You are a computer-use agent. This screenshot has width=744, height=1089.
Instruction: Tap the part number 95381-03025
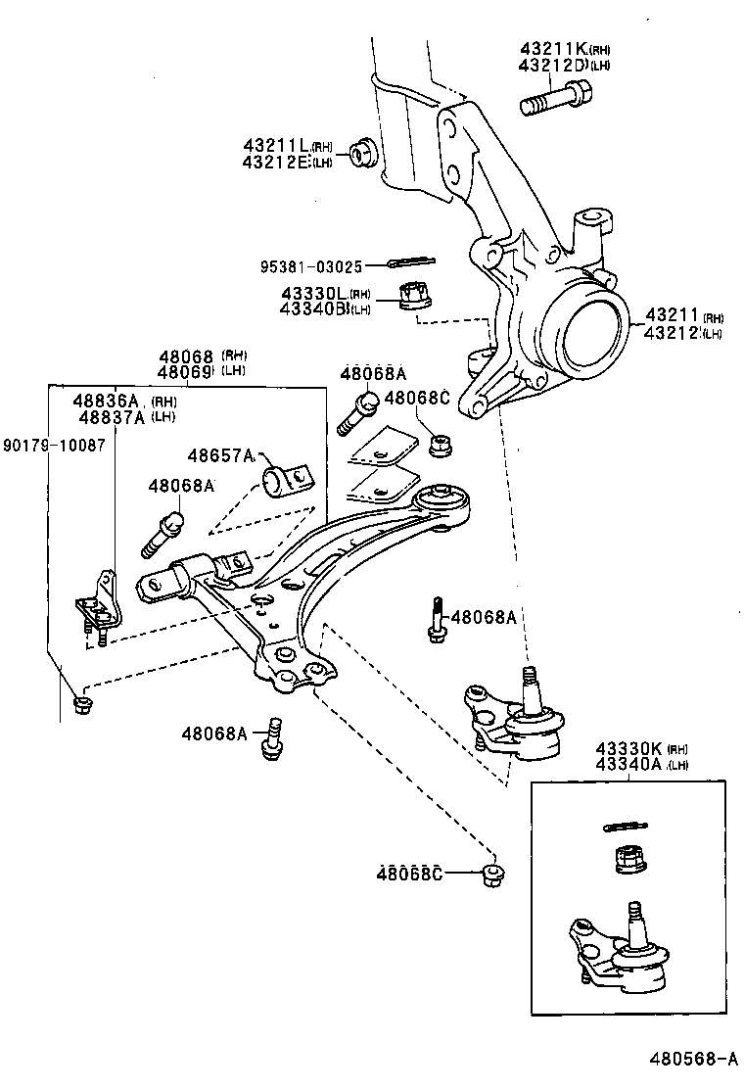tap(311, 265)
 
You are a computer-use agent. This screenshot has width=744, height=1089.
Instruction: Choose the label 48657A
tap(221, 455)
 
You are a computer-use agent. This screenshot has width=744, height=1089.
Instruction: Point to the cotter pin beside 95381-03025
tap(411, 261)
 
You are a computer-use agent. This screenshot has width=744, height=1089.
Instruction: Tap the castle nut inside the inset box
tap(627, 861)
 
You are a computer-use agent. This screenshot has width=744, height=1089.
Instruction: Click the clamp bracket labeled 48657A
tap(285, 481)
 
